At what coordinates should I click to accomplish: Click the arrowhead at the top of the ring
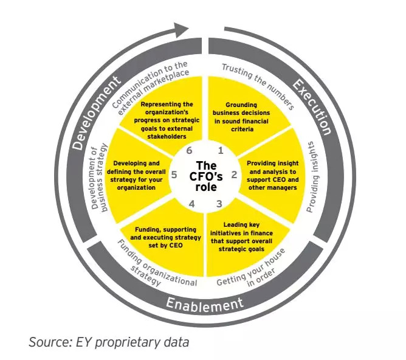click(x=181, y=30)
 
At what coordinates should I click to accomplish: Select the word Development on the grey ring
click(x=96, y=113)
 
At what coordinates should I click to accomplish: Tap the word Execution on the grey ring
click(x=312, y=106)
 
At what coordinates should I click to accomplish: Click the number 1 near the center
click(x=221, y=150)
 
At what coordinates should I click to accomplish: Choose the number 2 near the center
click(x=234, y=175)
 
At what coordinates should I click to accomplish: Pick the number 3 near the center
click(x=219, y=204)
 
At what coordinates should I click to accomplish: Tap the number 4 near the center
click(x=191, y=204)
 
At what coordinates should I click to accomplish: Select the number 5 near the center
click(x=174, y=175)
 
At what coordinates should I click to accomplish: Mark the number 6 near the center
click(x=189, y=150)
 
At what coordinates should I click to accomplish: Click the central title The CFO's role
click(x=206, y=176)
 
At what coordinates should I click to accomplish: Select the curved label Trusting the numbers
click(x=258, y=86)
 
